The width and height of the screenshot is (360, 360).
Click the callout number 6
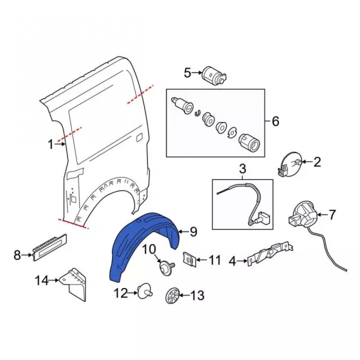click(275, 121)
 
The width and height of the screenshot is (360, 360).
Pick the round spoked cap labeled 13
click(172, 295)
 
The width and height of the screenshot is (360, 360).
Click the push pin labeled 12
click(145, 291)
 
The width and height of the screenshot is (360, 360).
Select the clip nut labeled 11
click(190, 260)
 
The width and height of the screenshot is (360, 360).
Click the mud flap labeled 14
click(75, 284)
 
